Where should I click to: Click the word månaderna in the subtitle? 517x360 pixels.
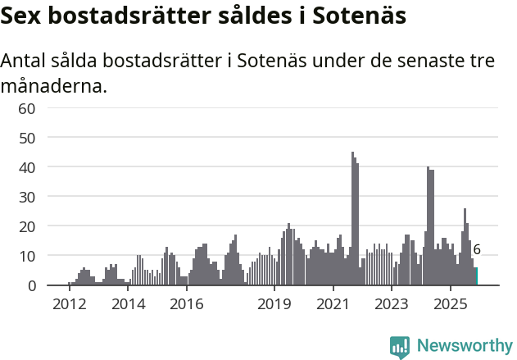pos(54,85)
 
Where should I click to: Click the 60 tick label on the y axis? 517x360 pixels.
pos(26,108)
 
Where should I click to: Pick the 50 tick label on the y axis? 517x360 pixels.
pos(26,138)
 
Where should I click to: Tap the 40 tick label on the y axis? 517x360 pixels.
pos(26,167)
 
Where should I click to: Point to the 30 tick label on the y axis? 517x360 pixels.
pos(26,197)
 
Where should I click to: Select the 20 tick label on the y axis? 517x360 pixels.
pos(26,226)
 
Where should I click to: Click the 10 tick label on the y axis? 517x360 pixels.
pos(26,256)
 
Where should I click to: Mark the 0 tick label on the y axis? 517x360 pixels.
pos(31,285)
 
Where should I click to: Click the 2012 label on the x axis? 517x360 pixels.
pos(69,304)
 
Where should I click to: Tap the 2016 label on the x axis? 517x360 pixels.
pos(186,304)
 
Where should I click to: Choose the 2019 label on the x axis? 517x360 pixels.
pos(274,304)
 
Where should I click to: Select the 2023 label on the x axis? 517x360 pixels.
pos(392,304)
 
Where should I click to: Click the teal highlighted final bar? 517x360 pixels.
pos(475,276)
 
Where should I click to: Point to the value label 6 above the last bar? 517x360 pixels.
pos(477,250)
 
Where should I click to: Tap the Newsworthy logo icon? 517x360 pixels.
pos(400,346)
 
